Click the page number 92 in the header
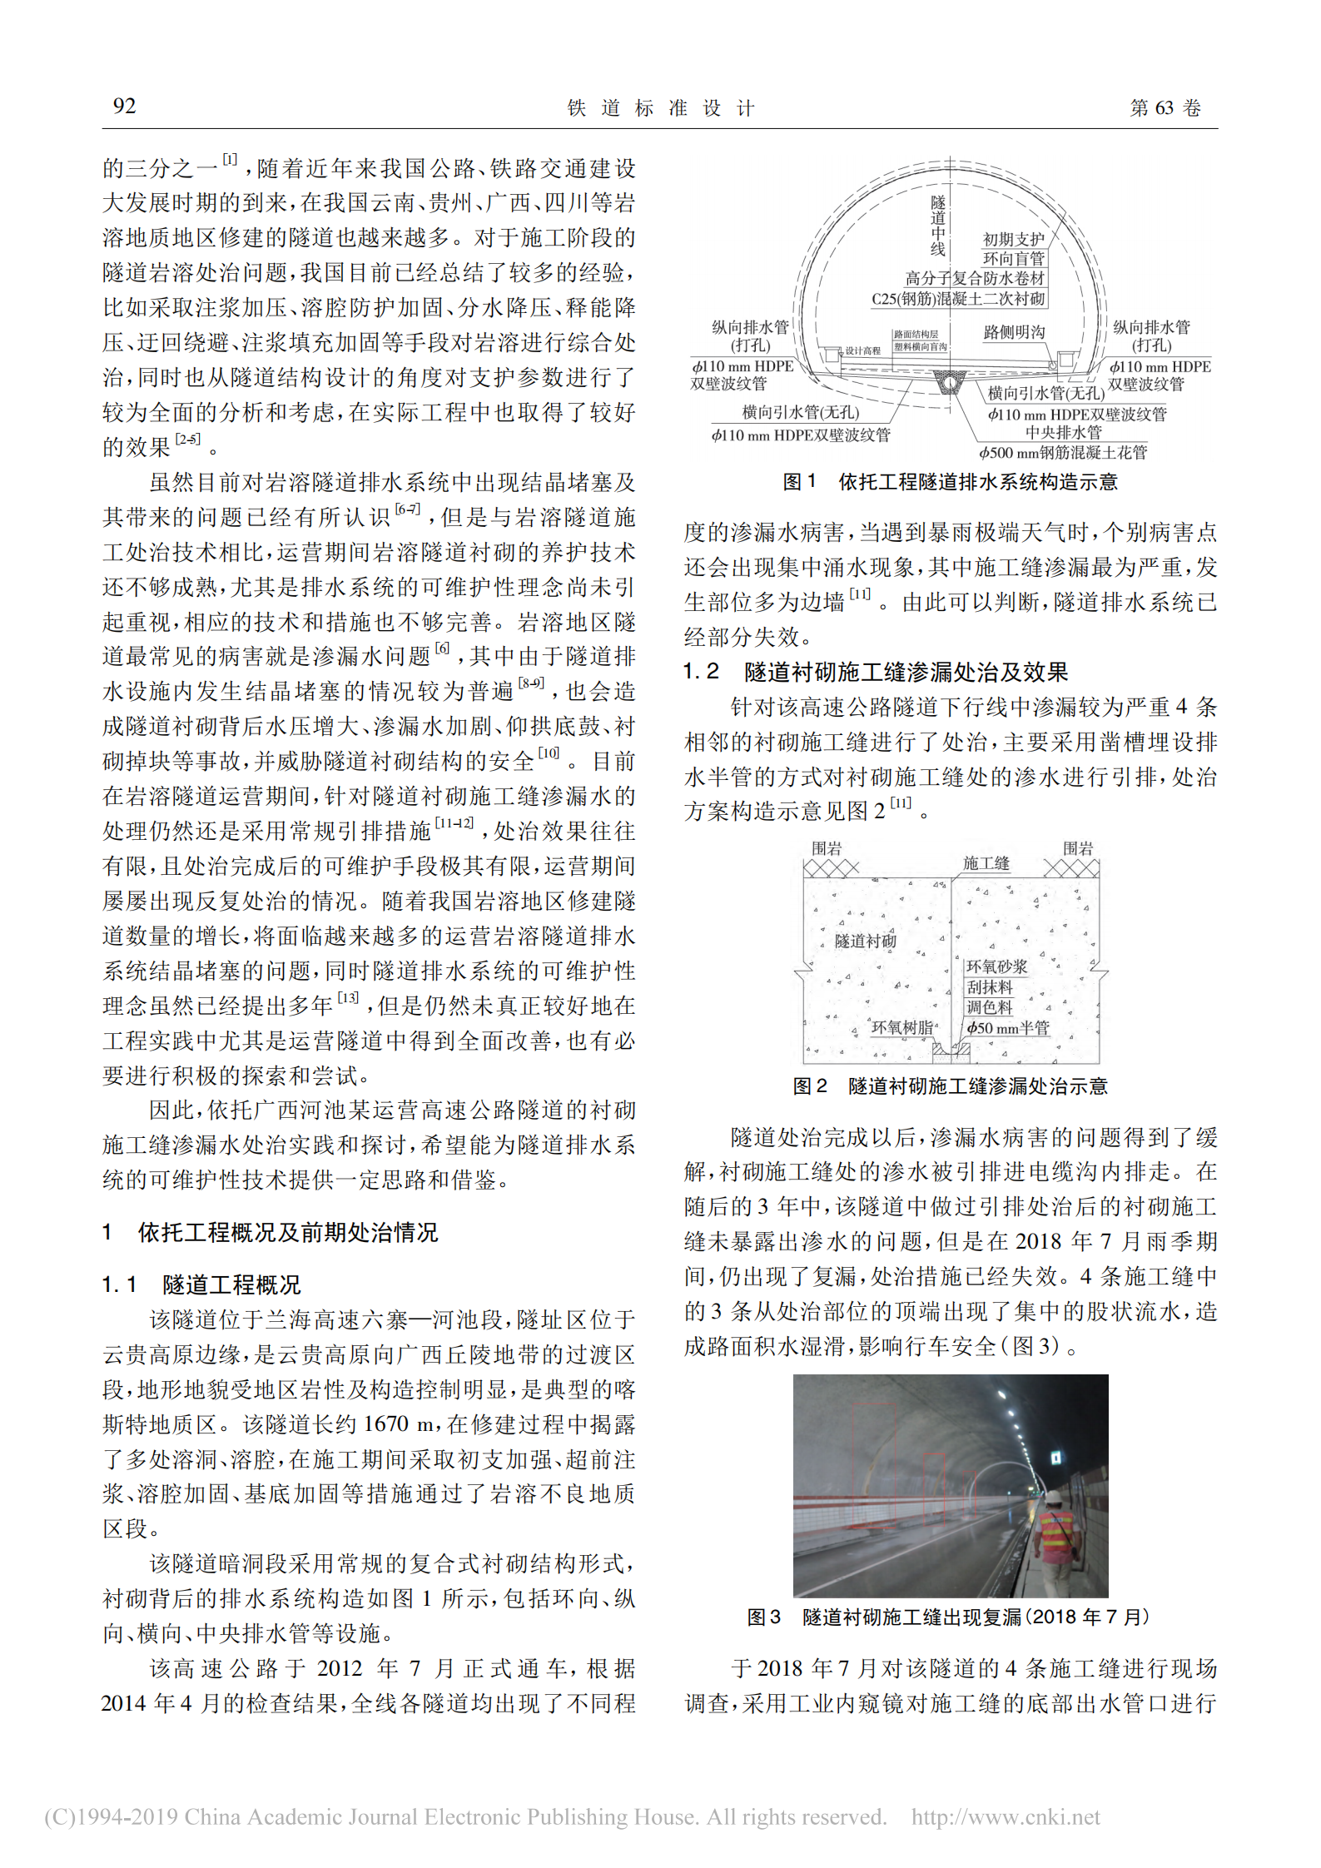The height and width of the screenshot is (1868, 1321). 124,106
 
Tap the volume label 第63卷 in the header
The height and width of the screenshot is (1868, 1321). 1165,108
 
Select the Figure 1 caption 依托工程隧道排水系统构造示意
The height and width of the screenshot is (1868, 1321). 950,482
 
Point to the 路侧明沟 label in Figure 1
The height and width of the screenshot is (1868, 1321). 1013,332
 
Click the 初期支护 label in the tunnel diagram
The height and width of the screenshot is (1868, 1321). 1013,240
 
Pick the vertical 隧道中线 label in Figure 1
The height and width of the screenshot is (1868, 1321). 938,226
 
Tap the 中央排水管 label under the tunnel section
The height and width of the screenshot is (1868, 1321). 1063,433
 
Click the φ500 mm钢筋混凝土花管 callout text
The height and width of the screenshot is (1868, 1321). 1062,453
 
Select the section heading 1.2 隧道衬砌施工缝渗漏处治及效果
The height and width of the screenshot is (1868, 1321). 875,672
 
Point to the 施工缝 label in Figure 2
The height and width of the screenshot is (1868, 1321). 986,863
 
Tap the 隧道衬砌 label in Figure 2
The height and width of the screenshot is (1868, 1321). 866,941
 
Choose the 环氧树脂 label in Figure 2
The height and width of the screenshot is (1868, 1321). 902,1027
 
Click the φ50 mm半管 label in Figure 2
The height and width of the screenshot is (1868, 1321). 1007,1028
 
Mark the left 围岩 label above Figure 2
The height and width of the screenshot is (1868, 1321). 827,848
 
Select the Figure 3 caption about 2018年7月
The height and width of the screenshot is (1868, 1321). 948,1617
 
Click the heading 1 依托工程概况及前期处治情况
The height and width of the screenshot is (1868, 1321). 270,1232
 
